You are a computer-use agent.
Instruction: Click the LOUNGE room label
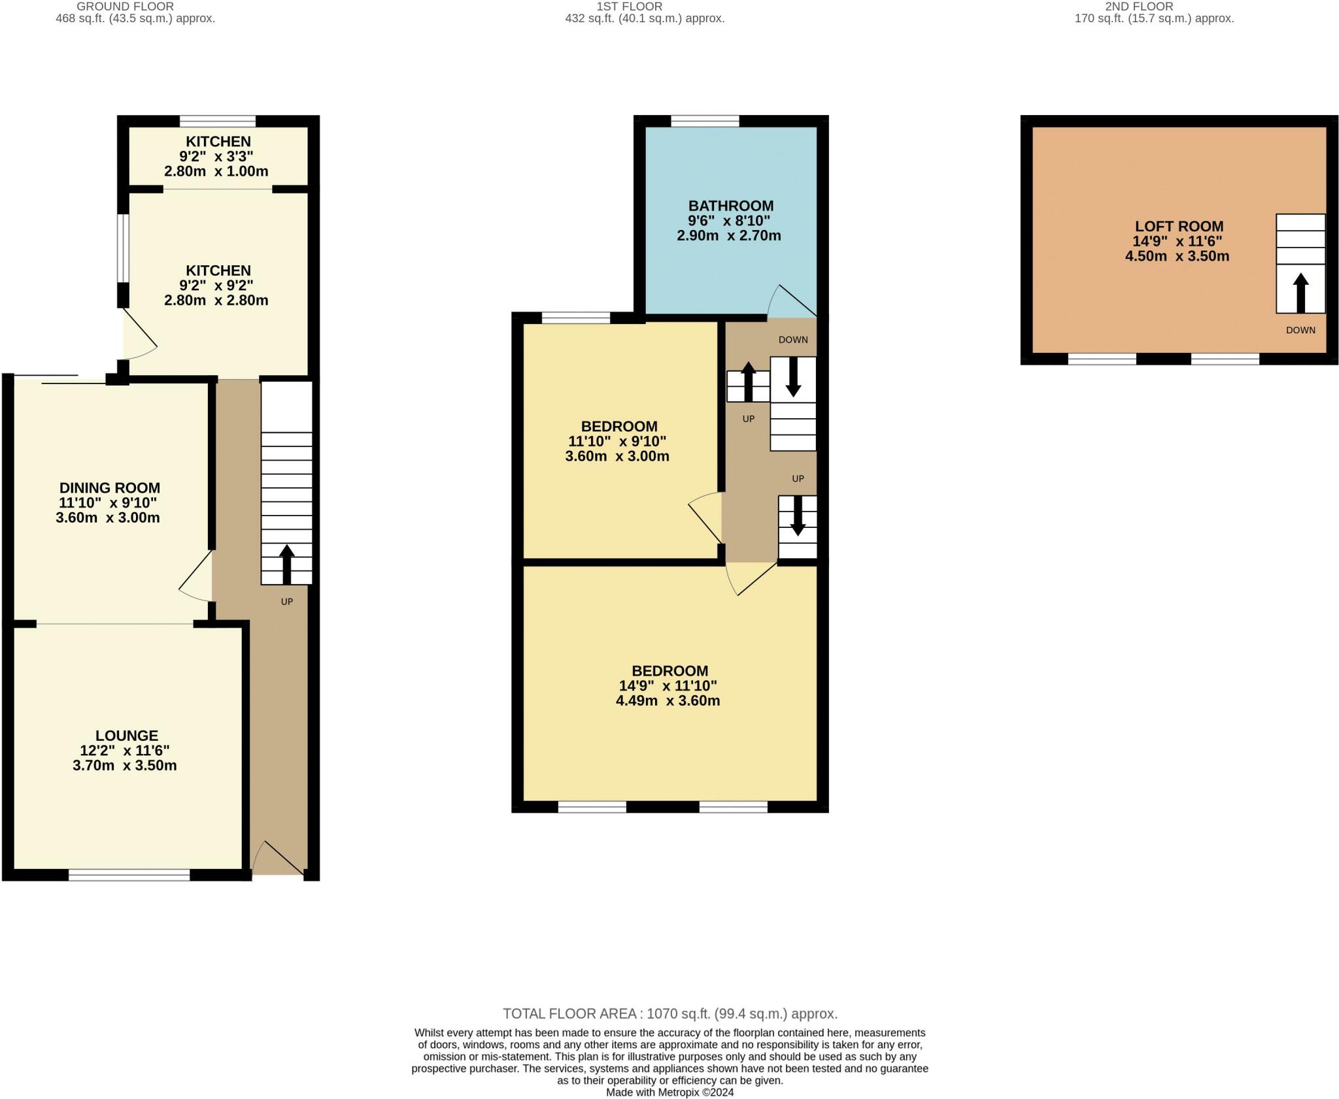pyautogui.click(x=126, y=736)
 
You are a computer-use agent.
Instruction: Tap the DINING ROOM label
pyautogui.click(x=109, y=487)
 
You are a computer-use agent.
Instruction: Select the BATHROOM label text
pyautogui.click(x=730, y=206)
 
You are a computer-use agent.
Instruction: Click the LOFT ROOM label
pyautogui.click(x=1179, y=226)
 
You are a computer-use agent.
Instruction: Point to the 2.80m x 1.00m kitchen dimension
pyautogui.click(x=216, y=171)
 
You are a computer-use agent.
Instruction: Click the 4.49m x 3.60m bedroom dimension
pyautogui.click(x=668, y=701)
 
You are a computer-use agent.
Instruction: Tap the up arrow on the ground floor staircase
pyautogui.click(x=286, y=563)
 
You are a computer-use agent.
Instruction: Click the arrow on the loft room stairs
pyautogui.click(x=1300, y=292)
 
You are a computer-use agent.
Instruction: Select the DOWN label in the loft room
pyautogui.click(x=1300, y=330)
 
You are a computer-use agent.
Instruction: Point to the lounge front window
pyautogui.click(x=129, y=875)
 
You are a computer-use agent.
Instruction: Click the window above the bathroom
pyautogui.click(x=704, y=121)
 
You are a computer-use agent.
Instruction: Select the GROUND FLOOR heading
pyautogui.click(x=125, y=7)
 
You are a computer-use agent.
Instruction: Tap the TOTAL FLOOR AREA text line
pyautogui.click(x=669, y=1013)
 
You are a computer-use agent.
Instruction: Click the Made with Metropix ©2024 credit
pyautogui.click(x=669, y=1092)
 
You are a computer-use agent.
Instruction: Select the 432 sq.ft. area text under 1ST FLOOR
pyautogui.click(x=644, y=19)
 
